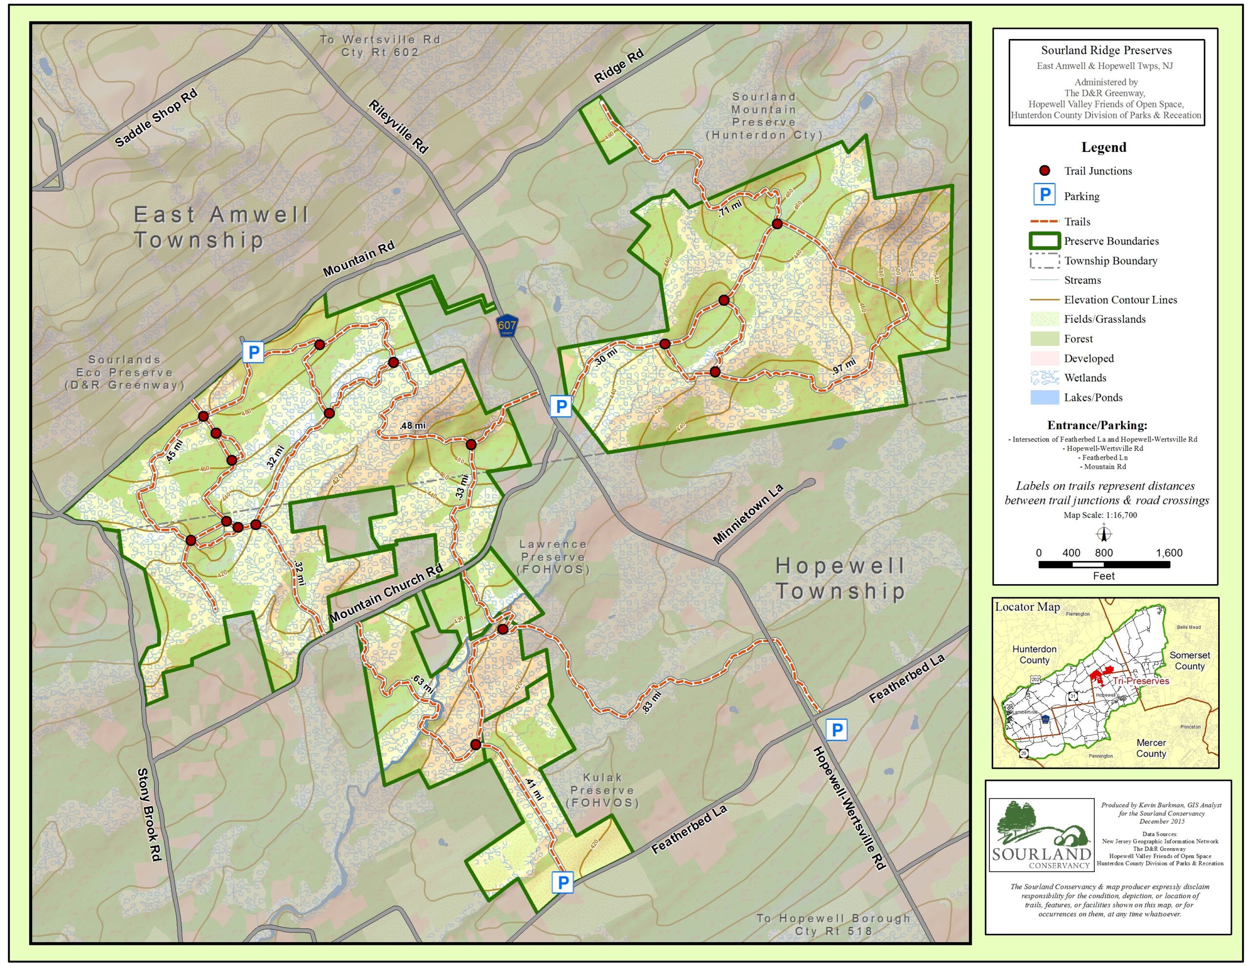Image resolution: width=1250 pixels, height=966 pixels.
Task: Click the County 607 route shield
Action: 506,326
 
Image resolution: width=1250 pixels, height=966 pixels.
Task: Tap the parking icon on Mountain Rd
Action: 253,352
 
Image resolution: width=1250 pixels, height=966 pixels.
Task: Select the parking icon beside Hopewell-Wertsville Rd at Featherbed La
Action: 836,730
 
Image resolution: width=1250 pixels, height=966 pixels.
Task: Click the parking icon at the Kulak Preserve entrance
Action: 562,883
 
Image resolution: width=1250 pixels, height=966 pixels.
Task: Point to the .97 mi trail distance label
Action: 844,366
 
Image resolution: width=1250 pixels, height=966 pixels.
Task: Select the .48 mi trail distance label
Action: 413,425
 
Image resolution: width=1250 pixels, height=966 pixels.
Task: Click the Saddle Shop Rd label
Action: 156,119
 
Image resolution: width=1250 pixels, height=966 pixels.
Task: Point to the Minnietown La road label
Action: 748,514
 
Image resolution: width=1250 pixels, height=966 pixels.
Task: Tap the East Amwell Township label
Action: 220,227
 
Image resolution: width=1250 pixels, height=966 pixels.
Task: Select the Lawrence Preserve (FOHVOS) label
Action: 552,557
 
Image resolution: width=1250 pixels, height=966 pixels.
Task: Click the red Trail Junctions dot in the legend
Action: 1044,170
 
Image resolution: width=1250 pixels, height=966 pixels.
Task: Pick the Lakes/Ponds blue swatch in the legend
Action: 1044,398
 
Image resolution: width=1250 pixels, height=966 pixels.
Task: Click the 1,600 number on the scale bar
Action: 1169,552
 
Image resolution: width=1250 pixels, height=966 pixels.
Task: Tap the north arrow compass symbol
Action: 1104,534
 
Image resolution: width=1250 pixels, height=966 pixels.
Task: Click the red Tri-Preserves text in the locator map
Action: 1140,681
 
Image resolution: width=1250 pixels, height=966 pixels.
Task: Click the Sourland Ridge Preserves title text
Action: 1106,50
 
